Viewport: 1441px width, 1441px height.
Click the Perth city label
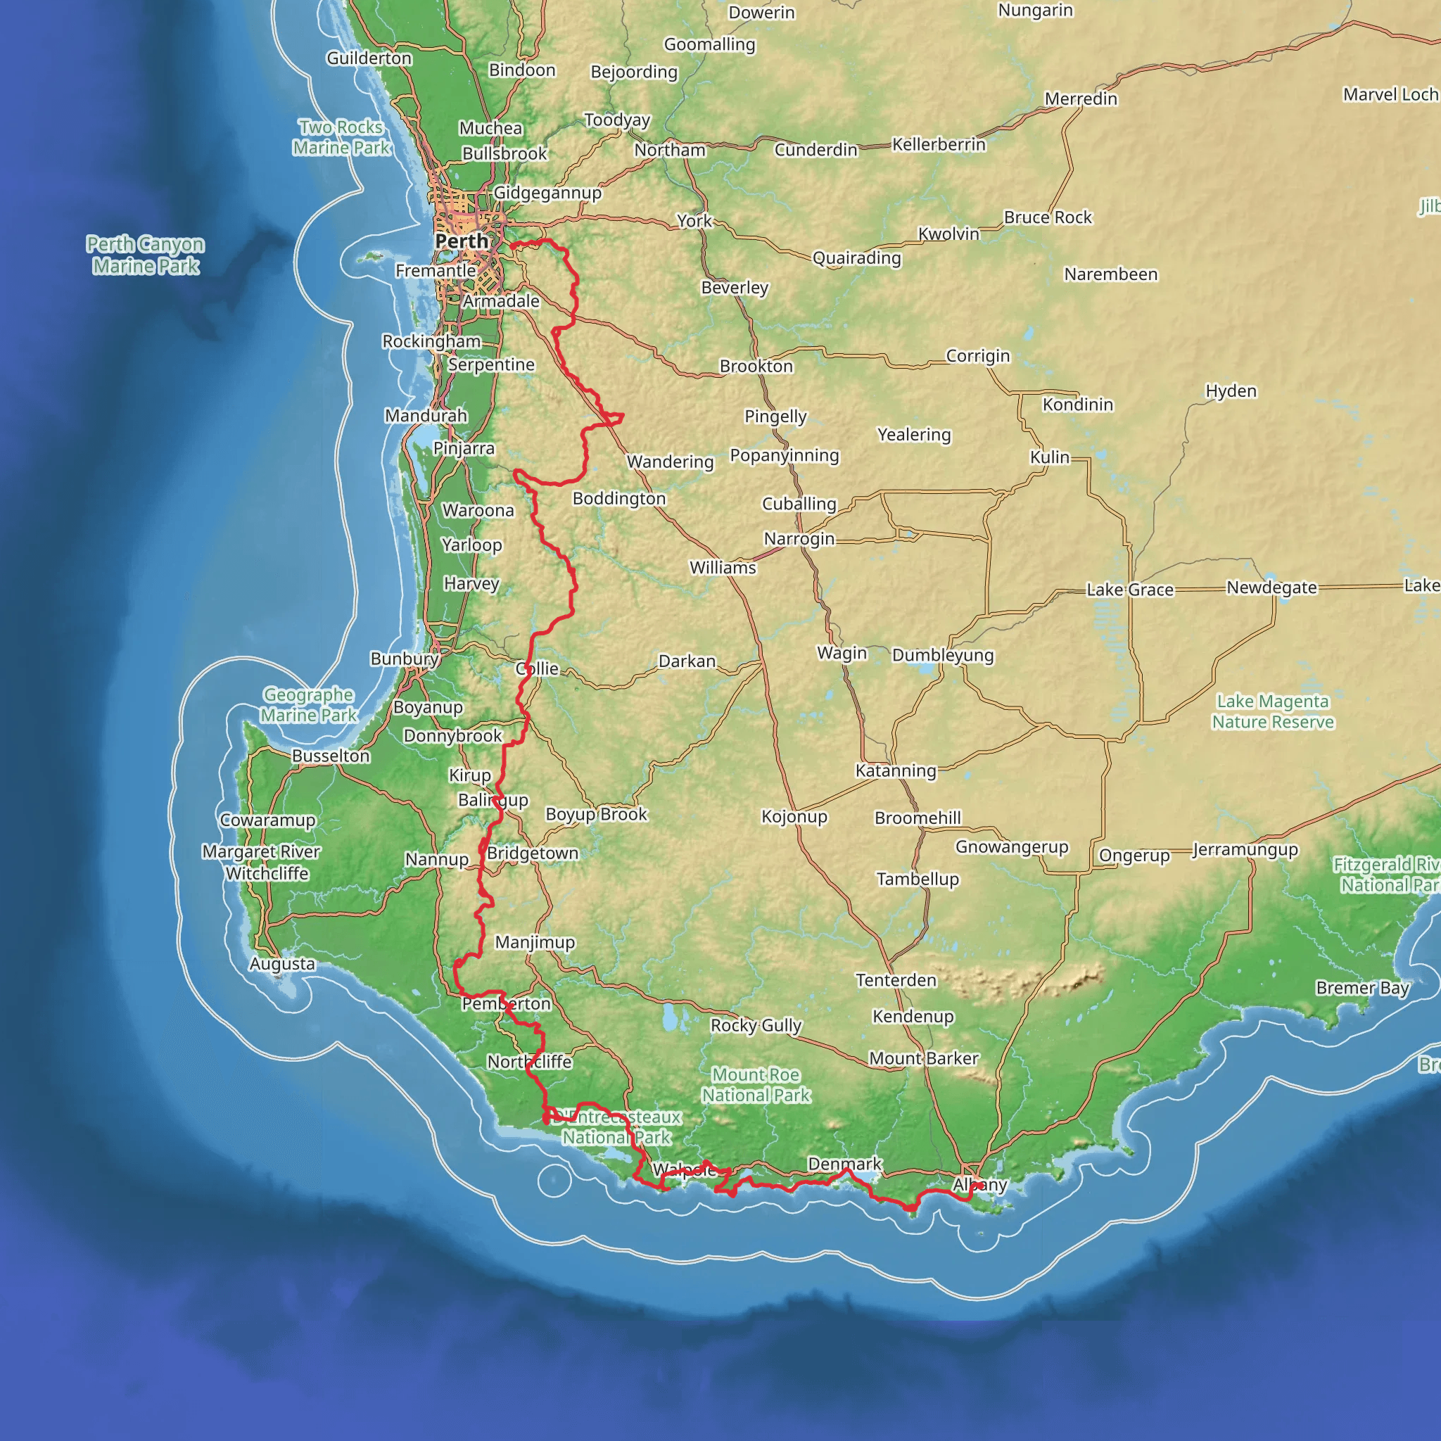pos(462,241)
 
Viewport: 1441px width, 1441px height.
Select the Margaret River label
pos(261,851)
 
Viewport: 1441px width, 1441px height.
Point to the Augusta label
pos(282,964)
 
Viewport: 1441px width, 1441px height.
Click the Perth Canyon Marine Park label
pos(146,255)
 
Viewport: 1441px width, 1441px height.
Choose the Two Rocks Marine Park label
pos(341,137)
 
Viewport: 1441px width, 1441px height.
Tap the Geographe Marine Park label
pos(308,705)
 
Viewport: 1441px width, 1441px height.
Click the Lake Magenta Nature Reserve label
pos(1272,711)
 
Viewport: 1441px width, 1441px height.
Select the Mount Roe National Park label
pos(756,1084)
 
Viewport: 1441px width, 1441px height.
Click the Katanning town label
pos(895,770)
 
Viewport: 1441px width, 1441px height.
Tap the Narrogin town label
pos(799,538)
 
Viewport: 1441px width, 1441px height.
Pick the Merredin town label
pos(1081,99)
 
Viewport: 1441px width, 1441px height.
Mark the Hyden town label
pos(1231,391)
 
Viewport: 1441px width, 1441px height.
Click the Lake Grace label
pos(1130,590)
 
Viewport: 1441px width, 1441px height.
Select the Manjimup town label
pos(535,942)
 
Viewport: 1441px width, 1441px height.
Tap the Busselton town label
pos(331,756)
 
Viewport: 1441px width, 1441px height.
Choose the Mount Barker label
pos(923,1058)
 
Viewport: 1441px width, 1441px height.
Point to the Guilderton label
pos(369,58)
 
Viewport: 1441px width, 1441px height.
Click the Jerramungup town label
pos(1245,849)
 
